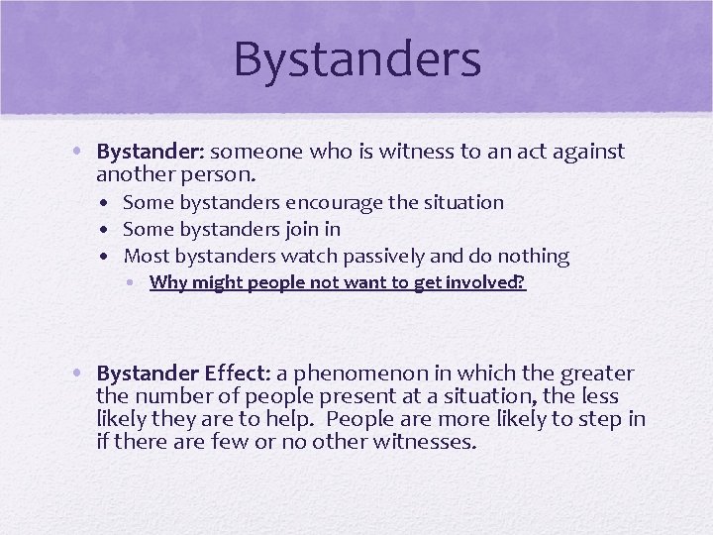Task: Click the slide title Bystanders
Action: coord(356,58)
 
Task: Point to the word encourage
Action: coord(334,203)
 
